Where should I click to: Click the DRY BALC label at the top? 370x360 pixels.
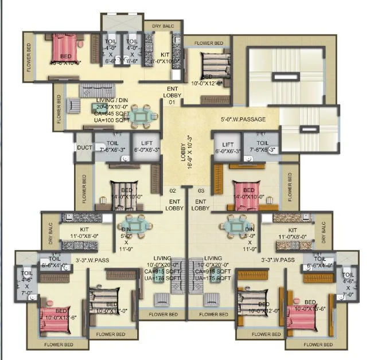click(x=163, y=26)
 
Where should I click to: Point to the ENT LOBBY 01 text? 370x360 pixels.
click(x=172, y=95)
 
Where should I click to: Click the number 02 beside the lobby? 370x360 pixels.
click(x=172, y=190)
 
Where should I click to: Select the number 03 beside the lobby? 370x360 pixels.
click(x=201, y=190)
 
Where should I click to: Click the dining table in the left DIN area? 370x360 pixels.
click(x=134, y=226)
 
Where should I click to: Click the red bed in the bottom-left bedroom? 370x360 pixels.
click(x=57, y=316)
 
